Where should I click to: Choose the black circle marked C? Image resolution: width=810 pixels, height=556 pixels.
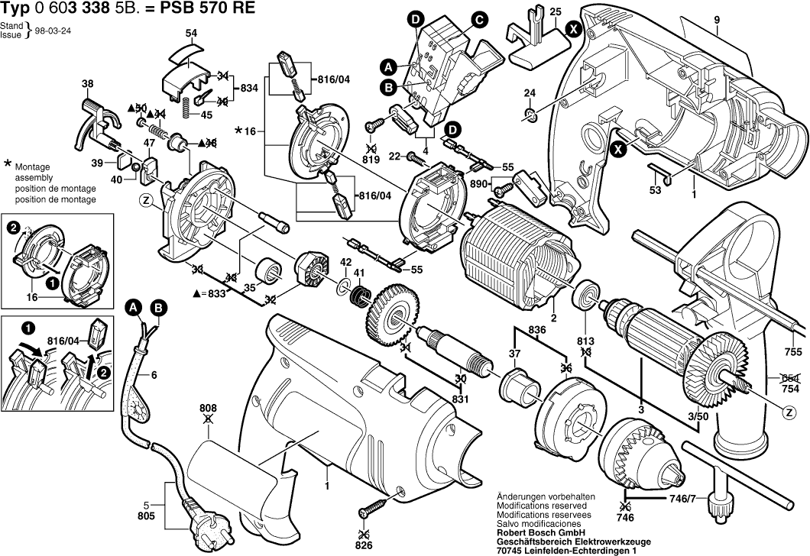[478, 20]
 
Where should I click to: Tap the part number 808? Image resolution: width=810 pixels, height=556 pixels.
[209, 408]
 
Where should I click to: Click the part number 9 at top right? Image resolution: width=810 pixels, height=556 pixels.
[718, 20]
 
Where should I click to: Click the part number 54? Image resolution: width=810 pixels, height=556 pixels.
[191, 33]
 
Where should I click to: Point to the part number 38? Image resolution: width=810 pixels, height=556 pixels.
[88, 84]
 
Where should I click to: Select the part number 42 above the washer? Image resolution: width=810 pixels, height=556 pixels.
[345, 262]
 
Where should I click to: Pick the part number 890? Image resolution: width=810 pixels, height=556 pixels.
[478, 183]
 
